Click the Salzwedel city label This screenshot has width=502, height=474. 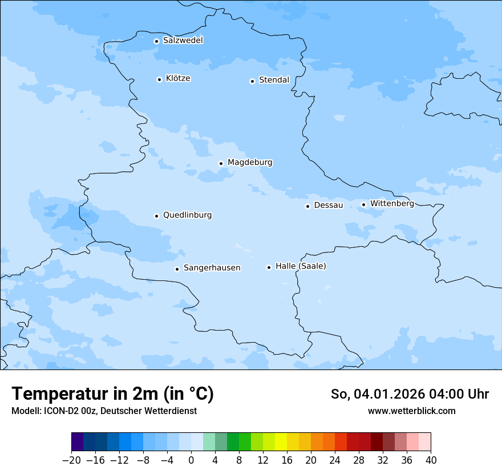click(183, 41)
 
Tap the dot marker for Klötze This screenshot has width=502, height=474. click(159, 79)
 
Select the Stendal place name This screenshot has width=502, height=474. click(274, 80)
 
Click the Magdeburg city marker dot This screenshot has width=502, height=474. click(221, 163)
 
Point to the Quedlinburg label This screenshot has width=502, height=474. click(187, 215)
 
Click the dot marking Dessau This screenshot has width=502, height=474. click(307, 206)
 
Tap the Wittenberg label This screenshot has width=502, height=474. click(392, 203)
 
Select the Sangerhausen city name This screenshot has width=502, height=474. click(212, 268)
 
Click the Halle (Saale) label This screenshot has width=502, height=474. click(301, 266)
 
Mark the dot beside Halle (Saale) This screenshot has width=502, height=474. click(269, 267)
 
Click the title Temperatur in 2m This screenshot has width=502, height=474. click(112, 393)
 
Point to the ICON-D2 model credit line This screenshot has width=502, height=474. click(104, 411)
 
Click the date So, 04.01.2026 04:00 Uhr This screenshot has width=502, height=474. click(410, 394)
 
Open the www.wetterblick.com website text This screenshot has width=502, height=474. click(411, 411)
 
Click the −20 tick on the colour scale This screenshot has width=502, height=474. click(71, 460)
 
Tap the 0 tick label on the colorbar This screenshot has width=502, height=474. click(191, 460)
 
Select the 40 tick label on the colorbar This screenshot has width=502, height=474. click(431, 460)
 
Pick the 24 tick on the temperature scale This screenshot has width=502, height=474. click(335, 460)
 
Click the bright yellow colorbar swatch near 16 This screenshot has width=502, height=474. click(281, 442)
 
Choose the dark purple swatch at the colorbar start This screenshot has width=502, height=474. click(78, 442)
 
